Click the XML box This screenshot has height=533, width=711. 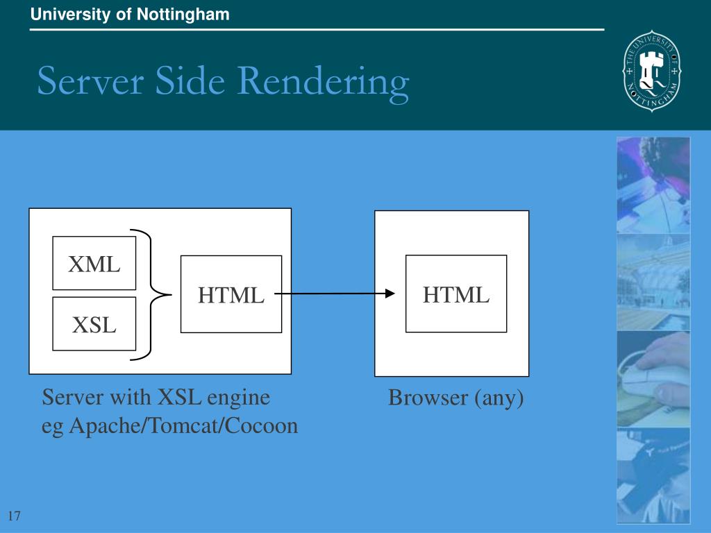(x=94, y=264)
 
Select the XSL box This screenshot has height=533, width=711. (x=94, y=323)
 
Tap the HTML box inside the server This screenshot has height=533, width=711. (x=231, y=294)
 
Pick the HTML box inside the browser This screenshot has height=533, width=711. (x=456, y=294)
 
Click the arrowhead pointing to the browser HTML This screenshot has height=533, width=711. (x=389, y=294)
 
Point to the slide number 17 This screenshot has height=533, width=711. (x=15, y=516)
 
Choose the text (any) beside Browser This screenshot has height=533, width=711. (x=499, y=398)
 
